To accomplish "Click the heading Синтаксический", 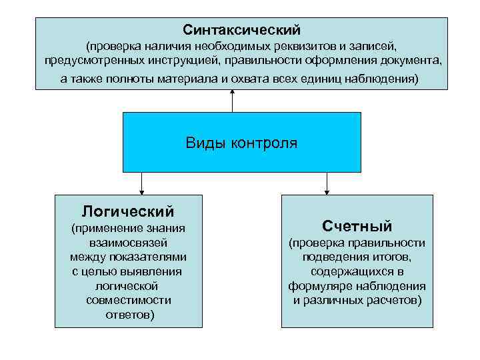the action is [241, 30].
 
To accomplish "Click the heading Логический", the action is [128, 211].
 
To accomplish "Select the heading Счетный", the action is [357, 225].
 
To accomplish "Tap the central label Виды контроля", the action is [241, 143].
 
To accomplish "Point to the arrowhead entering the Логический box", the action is [141, 191].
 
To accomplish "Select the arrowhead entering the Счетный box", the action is [327, 191].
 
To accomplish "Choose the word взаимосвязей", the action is [128, 243].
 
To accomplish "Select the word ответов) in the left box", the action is [128, 315].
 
